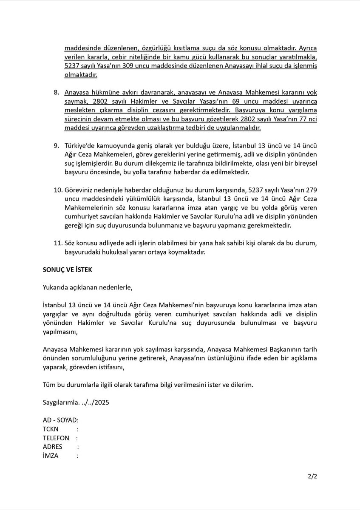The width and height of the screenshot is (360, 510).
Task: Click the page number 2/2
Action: click(313, 476)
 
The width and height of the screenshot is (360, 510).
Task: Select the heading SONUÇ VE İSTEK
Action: click(68, 269)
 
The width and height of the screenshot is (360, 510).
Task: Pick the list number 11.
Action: click(58, 243)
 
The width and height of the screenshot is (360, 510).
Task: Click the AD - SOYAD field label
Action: click(60, 420)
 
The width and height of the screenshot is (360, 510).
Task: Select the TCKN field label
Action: click(51, 429)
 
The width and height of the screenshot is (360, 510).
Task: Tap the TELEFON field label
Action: click(56, 438)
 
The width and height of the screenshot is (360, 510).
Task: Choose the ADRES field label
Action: click(52, 447)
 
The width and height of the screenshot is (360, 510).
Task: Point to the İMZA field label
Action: click(51, 456)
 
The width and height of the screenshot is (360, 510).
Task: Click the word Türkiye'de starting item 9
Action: click(81, 145)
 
